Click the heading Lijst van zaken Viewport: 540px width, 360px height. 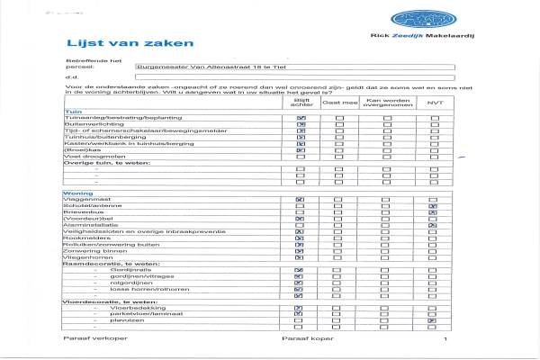click(x=106, y=43)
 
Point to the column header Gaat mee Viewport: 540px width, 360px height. click(x=333, y=103)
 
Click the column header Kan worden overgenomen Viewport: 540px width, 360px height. click(x=386, y=103)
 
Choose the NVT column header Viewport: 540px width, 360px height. click(x=434, y=103)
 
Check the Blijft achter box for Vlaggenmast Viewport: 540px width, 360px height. click(x=300, y=200)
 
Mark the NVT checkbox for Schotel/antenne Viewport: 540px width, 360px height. click(x=433, y=207)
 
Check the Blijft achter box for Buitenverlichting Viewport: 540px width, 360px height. click(x=300, y=124)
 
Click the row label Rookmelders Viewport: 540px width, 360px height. click(x=81, y=237)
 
